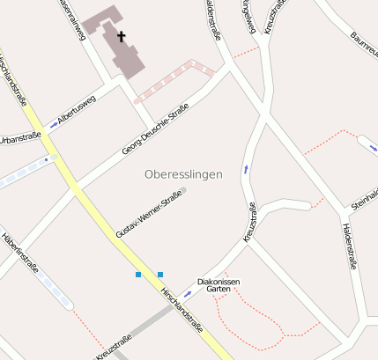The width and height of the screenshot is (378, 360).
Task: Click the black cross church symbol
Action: pyautogui.click(x=121, y=37)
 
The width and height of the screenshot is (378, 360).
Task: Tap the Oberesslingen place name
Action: pyautogui.click(x=183, y=174)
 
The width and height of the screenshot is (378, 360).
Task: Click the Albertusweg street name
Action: pyautogui.click(x=76, y=112)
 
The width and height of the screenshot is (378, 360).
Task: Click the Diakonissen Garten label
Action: pyautogui.click(x=219, y=284)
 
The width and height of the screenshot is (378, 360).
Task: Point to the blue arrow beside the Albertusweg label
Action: pyautogui.click(x=53, y=125)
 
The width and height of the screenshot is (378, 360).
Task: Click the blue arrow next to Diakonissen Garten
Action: pyautogui.click(x=188, y=292)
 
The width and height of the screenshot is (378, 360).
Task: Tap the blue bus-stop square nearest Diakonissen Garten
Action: pyautogui.click(x=160, y=275)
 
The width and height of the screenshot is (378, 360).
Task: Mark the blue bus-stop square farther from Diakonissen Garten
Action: pyautogui.click(x=138, y=275)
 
